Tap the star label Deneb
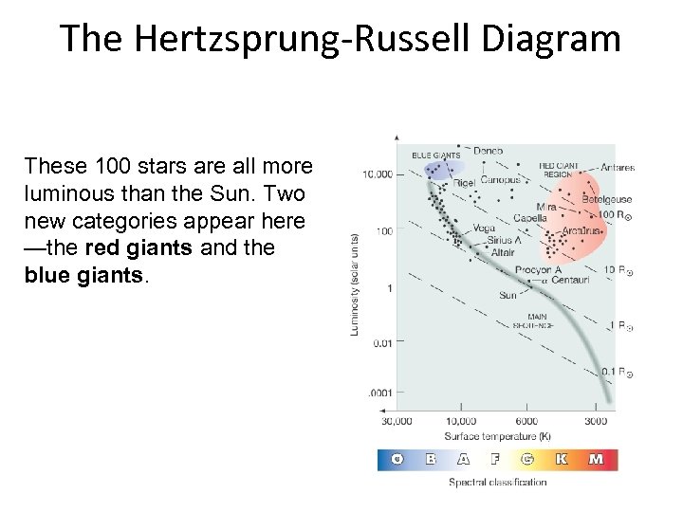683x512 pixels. (488, 151)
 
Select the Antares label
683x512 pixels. (617, 168)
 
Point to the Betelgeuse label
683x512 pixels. (606, 200)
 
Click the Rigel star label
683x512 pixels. (465, 182)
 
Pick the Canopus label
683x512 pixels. (500, 180)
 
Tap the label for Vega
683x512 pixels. (484, 228)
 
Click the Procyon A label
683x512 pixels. (532, 270)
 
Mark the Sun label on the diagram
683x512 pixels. (508, 295)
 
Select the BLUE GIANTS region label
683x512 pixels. (435, 155)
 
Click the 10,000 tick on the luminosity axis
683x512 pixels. (377, 174)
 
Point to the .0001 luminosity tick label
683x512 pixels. (379, 393)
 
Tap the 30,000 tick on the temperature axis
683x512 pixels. (397, 420)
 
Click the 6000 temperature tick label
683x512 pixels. (526, 420)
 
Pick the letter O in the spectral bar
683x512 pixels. (397, 460)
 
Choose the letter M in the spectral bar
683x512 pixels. (597, 460)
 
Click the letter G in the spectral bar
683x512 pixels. (527, 460)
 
